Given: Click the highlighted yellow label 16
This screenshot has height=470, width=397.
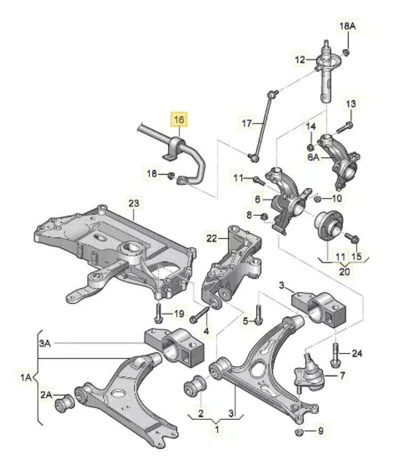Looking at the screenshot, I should click(177, 119).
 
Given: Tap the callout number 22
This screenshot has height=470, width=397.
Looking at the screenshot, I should click(212, 238).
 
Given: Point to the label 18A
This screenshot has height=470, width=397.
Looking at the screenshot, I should click(346, 26).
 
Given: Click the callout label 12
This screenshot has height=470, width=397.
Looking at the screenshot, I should click(300, 59).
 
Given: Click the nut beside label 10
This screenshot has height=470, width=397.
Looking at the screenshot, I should click(317, 198).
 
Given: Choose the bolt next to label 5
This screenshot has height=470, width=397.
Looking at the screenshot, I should click(258, 314).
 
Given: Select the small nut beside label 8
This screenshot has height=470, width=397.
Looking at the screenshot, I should click(264, 216).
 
